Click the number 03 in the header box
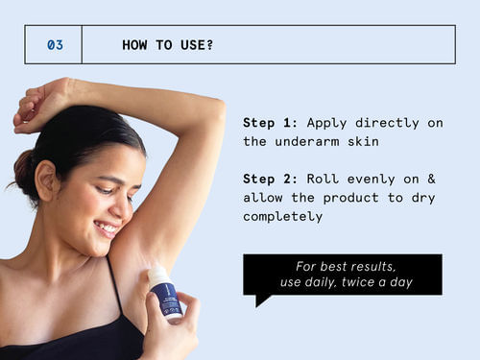tap(56, 45)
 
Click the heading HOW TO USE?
tap(167, 45)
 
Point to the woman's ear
tap(44, 180)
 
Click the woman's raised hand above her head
tap(43, 101)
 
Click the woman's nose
tap(125, 205)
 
